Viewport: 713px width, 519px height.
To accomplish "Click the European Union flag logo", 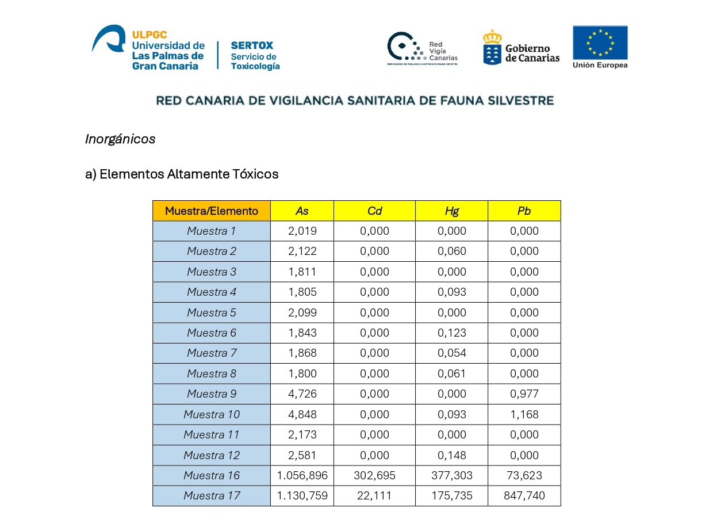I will (x=600, y=43).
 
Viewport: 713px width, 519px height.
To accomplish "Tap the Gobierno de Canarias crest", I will (x=492, y=47).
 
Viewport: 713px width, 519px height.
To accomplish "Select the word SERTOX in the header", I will (x=252, y=45).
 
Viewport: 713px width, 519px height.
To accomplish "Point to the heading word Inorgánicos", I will (x=120, y=139).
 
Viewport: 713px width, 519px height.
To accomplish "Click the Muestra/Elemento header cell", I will (x=211, y=211).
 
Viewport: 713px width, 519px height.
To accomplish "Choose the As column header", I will (x=302, y=211).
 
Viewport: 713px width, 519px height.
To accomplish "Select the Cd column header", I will (x=374, y=211).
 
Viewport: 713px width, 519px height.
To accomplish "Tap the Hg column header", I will (x=451, y=211).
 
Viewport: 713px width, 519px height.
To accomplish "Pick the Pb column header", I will (x=524, y=211).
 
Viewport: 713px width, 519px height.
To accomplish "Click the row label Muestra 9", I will (x=211, y=394).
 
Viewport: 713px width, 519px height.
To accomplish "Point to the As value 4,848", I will (x=302, y=414).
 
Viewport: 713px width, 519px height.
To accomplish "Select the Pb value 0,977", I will (x=524, y=394).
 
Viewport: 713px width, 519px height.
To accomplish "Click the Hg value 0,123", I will (x=451, y=333).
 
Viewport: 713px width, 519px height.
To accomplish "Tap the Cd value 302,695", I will (x=374, y=475).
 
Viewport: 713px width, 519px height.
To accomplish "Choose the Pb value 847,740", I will (x=524, y=496).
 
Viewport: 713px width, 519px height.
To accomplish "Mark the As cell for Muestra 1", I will (x=302, y=231).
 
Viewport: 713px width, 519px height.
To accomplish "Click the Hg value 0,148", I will (x=451, y=455).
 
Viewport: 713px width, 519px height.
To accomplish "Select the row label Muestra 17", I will (x=211, y=496).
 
